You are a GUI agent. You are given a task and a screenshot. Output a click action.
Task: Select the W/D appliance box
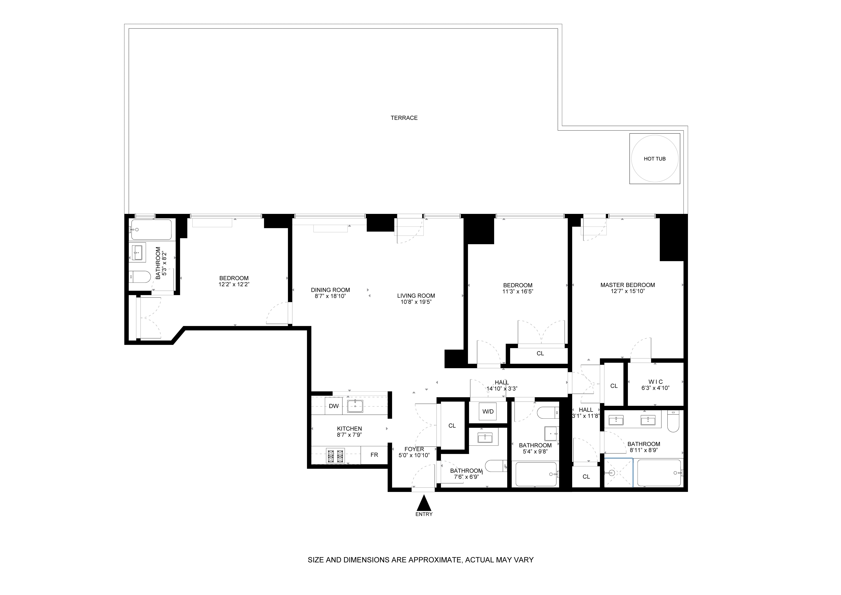488,411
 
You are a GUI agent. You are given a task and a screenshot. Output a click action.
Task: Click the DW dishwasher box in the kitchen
334,406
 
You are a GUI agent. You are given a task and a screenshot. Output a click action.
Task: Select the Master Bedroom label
627,285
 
